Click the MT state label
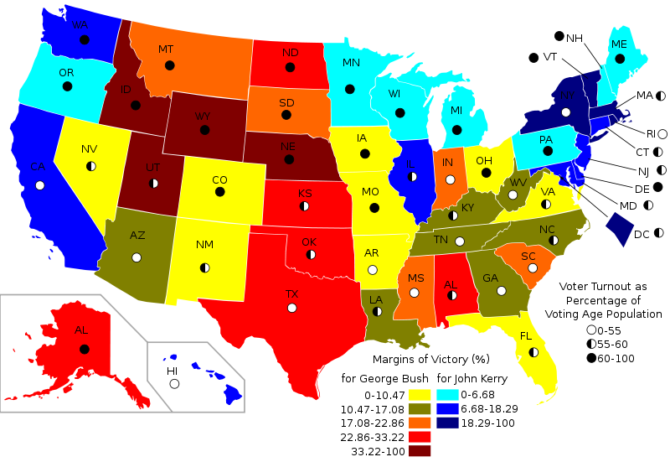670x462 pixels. (166, 49)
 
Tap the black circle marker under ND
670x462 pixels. (290, 66)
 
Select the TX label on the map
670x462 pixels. (291, 294)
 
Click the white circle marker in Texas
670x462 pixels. (291, 308)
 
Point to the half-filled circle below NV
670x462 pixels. (90, 166)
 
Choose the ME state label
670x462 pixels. (619, 44)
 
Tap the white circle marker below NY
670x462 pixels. (566, 112)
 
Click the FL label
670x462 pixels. (526, 336)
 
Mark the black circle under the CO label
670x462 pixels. (220, 192)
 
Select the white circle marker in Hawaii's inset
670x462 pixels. (174, 384)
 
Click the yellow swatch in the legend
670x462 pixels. (420, 395)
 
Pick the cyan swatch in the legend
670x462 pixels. (448, 395)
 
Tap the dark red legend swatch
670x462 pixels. (420, 451)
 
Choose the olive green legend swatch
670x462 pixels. (420, 409)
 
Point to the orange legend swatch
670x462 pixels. (420, 423)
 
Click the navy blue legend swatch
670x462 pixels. (448, 423)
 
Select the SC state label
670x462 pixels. (528, 257)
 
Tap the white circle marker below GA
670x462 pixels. (501, 291)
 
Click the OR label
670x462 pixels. (66, 73)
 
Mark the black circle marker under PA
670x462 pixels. (548, 151)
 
